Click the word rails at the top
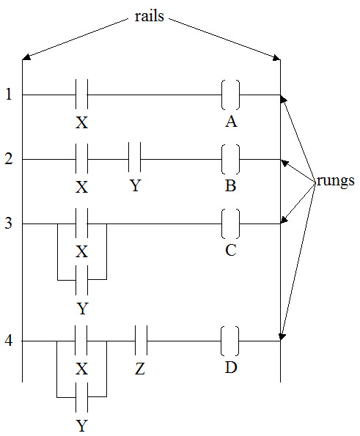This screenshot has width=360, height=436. pyautogui.click(x=150, y=16)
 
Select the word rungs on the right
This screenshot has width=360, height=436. pyautogui.click(x=336, y=181)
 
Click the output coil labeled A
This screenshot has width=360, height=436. pyautogui.click(x=231, y=95)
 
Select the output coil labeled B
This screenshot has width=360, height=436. pyautogui.click(x=231, y=159)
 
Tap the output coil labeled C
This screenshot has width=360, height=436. pyautogui.click(x=231, y=223)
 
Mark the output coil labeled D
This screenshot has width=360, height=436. pyautogui.click(x=229, y=341)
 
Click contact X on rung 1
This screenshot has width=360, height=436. pyautogui.click(x=81, y=95)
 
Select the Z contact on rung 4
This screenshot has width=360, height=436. pyautogui.click(x=141, y=340)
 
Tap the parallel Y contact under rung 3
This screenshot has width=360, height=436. pyautogui.click(x=81, y=280)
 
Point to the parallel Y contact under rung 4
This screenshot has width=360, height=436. pyautogui.click(x=81, y=398)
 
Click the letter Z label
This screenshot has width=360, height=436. pyautogui.click(x=140, y=369)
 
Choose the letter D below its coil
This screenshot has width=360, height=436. pyautogui.click(x=231, y=368)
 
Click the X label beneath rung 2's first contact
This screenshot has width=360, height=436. pyautogui.click(x=82, y=187)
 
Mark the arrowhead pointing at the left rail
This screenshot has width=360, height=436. pyautogui.click(x=26, y=56)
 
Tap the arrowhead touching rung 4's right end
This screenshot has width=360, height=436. pyautogui.click(x=282, y=336)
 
